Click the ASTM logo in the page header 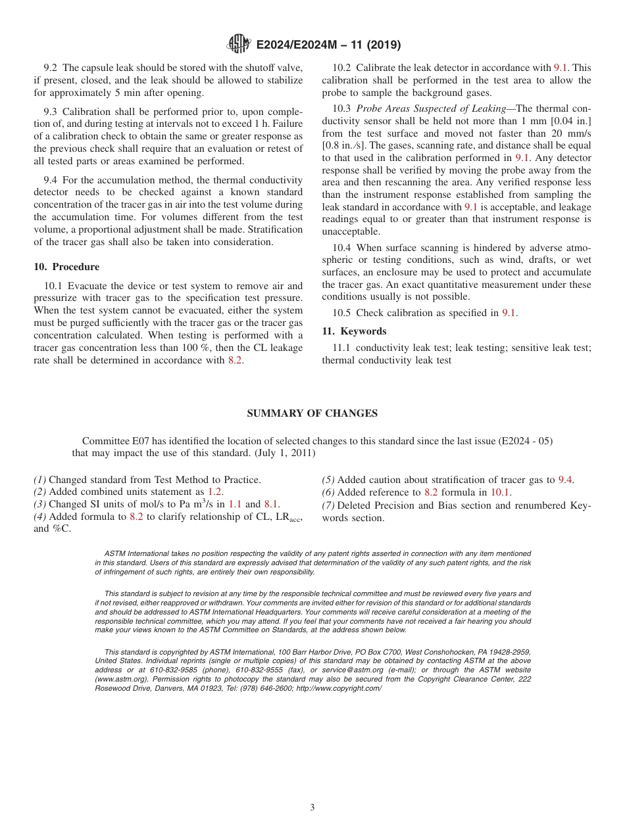tap(238, 45)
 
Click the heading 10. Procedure tap(66, 267)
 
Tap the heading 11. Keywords tap(354, 331)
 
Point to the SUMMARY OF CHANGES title tap(312, 413)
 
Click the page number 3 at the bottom tap(312, 808)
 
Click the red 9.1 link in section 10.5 tap(509, 313)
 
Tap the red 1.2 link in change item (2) tap(214, 492)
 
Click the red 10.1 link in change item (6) tap(501, 492)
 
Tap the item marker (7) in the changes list tap(328, 505)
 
